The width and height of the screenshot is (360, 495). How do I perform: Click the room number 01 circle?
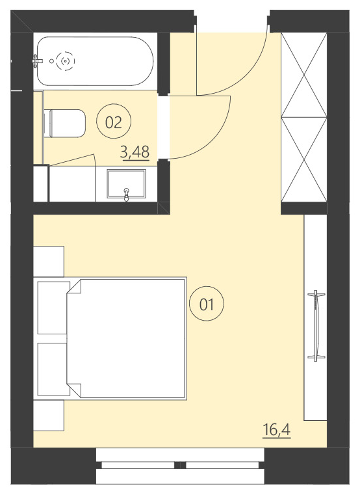(207, 304)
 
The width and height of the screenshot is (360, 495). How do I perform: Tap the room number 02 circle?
(113, 122)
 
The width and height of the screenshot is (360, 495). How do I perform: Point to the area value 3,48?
(135, 152)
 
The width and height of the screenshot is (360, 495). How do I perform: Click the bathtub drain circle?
(64, 61)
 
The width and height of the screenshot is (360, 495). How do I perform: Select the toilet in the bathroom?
(64, 124)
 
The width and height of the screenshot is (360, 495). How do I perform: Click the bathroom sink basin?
(126, 183)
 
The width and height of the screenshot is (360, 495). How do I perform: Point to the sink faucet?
(126, 192)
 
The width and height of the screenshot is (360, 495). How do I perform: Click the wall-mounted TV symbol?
(317, 325)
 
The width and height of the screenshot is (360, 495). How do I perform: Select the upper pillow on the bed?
(54, 306)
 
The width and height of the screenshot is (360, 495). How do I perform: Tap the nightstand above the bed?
(49, 261)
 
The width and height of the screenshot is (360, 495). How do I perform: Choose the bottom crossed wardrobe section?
(303, 159)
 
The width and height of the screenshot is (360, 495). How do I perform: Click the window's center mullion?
(180, 465)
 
